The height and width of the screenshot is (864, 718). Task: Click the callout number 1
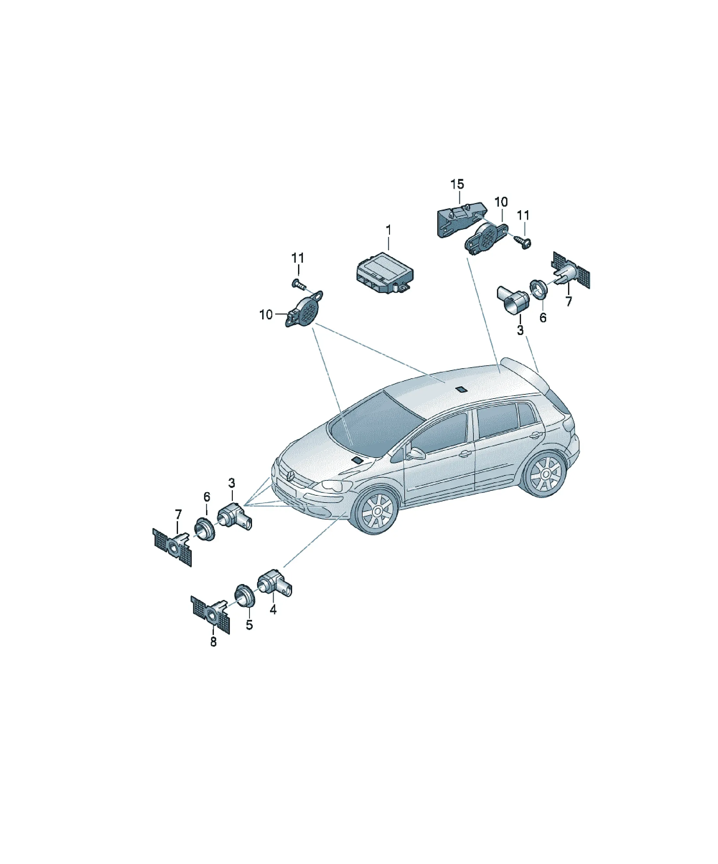tap(388, 230)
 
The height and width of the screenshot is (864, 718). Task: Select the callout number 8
tap(213, 641)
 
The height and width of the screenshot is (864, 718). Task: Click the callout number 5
tap(249, 624)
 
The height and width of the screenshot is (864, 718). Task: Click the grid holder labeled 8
tap(210, 615)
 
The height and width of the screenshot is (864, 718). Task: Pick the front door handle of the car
tap(466, 453)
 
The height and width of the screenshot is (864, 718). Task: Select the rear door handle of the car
tap(536, 434)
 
